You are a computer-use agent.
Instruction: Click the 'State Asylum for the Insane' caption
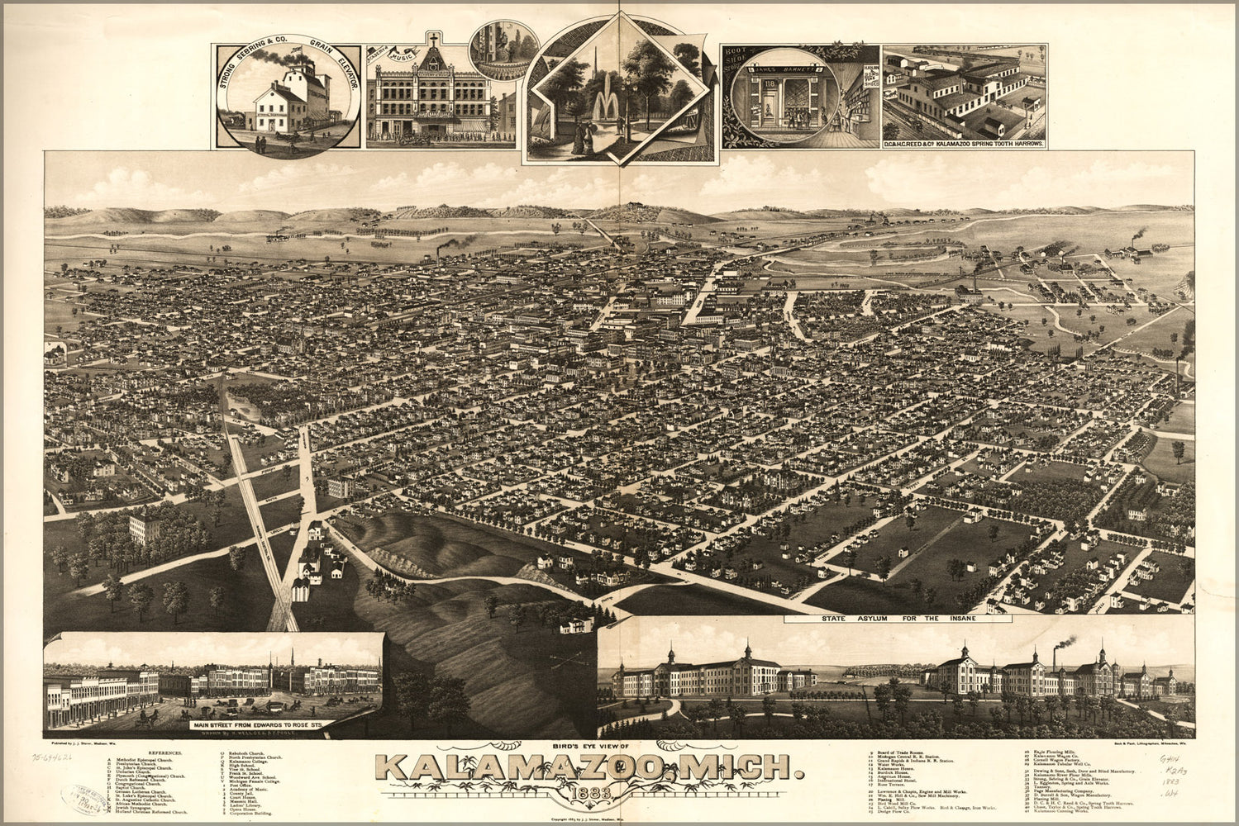point(898,618)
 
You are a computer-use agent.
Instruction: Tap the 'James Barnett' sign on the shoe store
point(779,70)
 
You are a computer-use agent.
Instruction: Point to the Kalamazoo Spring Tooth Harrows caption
point(964,144)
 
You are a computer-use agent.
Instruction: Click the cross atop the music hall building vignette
point(432,40)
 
